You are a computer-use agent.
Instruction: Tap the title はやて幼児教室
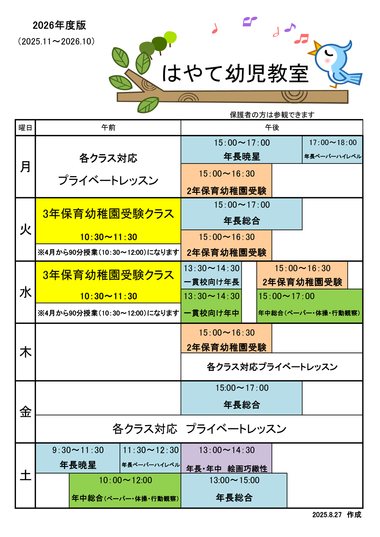(x=235, y=74)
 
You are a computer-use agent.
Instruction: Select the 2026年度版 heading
(x=59, y=26)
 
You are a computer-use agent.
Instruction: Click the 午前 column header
(x=108, y=128)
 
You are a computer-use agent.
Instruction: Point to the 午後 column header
(x=272, y=128)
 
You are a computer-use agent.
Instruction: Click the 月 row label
(x=26, y=167)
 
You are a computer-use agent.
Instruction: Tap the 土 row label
(x=26, y=475)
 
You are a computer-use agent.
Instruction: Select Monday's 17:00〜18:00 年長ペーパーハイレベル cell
(x=332, y=150)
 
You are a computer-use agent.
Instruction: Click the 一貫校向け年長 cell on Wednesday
(x=211, y=275)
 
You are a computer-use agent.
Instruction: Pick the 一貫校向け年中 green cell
(x=211, y=306)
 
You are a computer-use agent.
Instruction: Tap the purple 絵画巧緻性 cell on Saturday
(x=226, y=458)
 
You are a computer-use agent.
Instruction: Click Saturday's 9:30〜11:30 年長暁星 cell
(x=78, y=458)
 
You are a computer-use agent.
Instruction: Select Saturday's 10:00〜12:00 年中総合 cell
(x=125, y=490)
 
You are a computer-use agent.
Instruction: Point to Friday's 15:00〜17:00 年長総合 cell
(x=241, y=398)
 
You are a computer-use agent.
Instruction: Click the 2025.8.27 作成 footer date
(x=337, y=515)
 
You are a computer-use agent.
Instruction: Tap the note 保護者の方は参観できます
(x=272, y=115)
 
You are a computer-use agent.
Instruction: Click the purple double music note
(x=249, y=21)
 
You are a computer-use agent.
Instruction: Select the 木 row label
(x=26, y=352)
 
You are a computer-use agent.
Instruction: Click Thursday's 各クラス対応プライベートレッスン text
(x=272, y=367)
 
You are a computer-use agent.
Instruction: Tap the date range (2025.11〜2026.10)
(x=57, y=41)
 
